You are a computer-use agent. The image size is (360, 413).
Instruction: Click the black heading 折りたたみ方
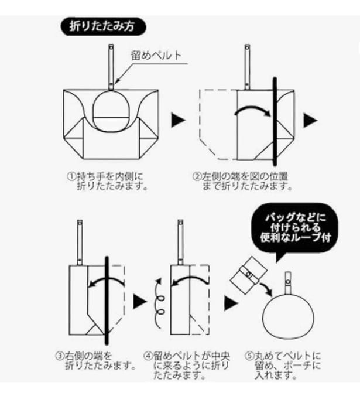[103, 26]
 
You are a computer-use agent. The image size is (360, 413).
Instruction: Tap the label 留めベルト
[156, 55]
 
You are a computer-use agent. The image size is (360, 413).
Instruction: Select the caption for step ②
[241, 181]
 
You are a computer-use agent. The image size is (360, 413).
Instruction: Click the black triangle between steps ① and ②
[177, 121]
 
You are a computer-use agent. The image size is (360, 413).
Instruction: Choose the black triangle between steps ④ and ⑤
[232, 302]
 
